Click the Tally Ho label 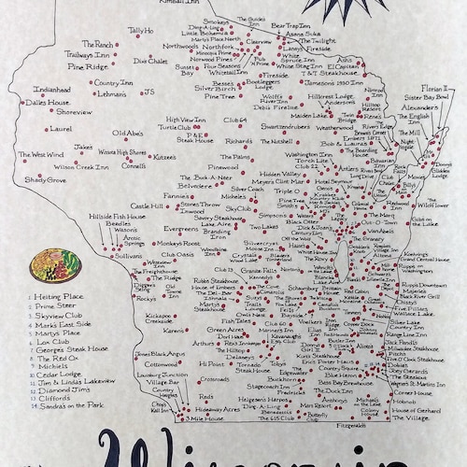click(141, 32)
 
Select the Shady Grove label click(39, 177)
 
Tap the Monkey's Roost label click(178, 243)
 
